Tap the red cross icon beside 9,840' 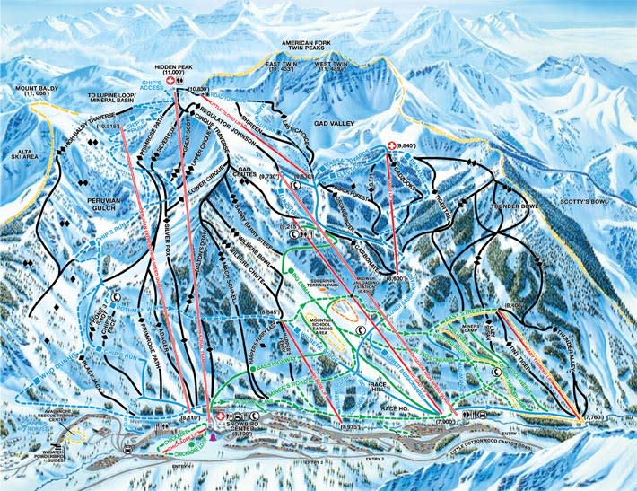point(390,145)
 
